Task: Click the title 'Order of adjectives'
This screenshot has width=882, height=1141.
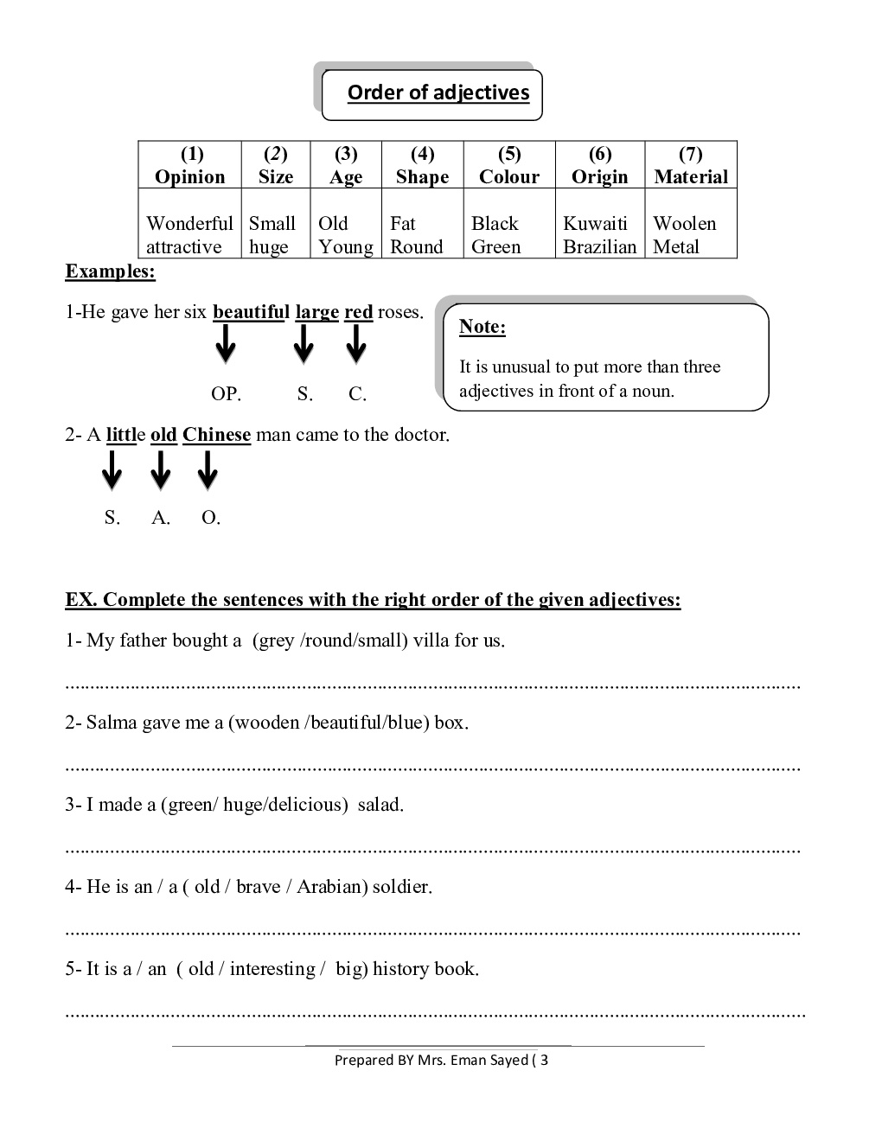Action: [x=438, y=92]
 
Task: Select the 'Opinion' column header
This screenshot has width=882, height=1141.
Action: [x=190, y=176]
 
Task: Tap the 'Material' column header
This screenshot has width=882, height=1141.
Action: [x=691, y=176]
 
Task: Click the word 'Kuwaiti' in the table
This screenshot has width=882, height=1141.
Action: [x=595, y=223]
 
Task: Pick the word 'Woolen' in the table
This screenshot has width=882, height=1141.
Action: [x=684, y=223]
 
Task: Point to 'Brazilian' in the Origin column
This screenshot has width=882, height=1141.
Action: [x=599, y=246]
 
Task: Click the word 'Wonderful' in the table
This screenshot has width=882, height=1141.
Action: [x=189, y=223]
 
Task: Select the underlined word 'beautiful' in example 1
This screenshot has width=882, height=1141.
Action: [x=251, y=312]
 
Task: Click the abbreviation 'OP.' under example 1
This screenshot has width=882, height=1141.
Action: [x=226, y=394]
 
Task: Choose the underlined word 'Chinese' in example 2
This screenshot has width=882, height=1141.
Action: [x=216, y=435]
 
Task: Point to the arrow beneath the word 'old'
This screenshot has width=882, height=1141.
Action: [x=161, y=471]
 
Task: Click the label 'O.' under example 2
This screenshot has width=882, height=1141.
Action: [x=211, y=518]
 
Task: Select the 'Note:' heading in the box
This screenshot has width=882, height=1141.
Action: [x=482, y=326]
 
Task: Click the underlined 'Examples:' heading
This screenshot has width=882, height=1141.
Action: [x=110, y=271]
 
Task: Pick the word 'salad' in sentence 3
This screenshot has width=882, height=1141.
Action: [x=380, y=805]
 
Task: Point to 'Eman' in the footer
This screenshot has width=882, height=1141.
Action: [x=469, y=1060]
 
